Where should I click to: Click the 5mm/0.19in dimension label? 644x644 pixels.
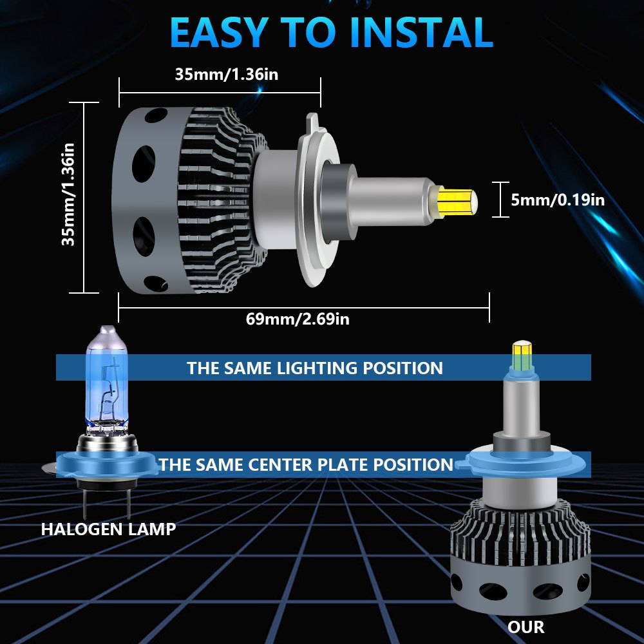click(x=558, y=200)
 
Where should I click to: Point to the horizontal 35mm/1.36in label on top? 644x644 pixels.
click(x=227, y=74)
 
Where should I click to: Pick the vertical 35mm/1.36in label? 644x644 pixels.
click(x=68, y=194)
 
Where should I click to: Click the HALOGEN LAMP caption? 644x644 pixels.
click(x=108, y=529)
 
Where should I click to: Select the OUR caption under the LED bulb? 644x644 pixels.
click(x=526, y=627)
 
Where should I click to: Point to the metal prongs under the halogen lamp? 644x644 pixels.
click(x=107, y=502)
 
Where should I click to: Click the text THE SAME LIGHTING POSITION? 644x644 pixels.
click(x=315, y=368)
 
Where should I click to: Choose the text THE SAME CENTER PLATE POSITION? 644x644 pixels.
click(x=307, y=465)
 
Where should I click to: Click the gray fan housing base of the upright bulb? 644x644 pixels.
click(x=520, y=589)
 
